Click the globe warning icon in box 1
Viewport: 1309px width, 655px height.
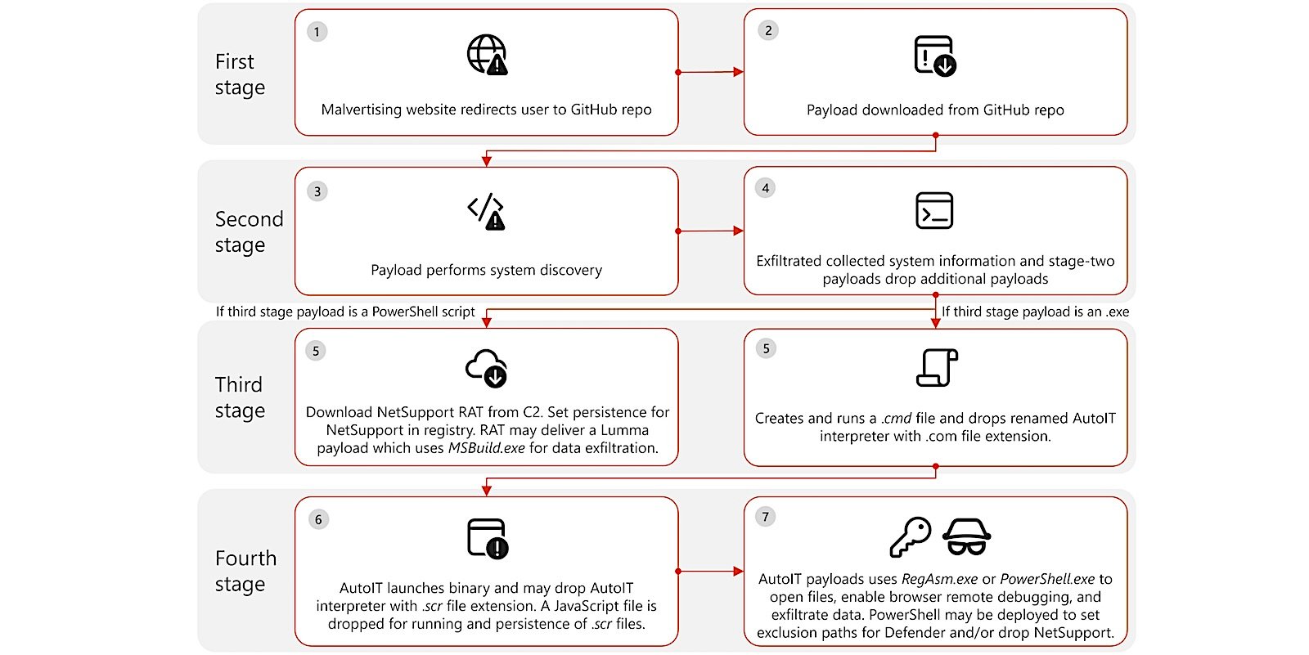[487, 55]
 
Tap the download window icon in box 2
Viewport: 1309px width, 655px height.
[935, 56]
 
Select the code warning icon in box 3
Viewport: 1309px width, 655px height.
[486, 212]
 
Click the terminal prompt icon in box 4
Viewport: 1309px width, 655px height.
[934, 210]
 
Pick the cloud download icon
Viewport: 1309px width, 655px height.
[486, 367]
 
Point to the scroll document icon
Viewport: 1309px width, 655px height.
[937, 367]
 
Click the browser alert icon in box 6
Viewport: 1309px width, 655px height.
[488, 539]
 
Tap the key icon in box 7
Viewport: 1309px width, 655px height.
[910, 537]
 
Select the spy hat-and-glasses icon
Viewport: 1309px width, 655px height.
[966, 537]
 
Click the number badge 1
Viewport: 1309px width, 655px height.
[317, 32]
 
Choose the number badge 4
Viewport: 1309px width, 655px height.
[766, 188]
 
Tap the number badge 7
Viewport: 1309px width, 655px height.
[766, 516]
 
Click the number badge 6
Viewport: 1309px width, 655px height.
[318, 519]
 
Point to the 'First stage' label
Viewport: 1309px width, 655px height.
[239, 74]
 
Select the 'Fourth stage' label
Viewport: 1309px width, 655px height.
[245, 571]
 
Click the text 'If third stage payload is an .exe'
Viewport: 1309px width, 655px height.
[1035, 312]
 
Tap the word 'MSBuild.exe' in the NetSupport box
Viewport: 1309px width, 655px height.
[486, 448]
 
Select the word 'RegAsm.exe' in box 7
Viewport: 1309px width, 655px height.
[939, 579]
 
